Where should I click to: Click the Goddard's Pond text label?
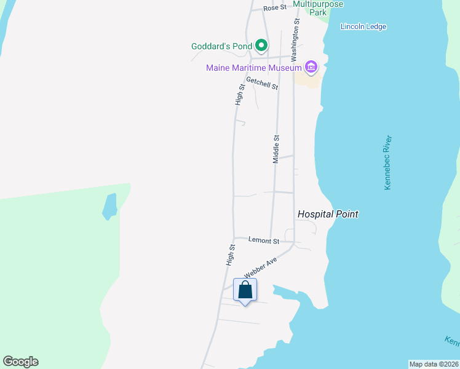coord(222,46)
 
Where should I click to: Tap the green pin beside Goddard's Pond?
coord(261,46)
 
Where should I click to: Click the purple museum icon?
coord(311,67)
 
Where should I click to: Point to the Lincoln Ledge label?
coord(363,26)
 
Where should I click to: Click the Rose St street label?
coord(275,8)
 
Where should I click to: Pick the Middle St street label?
coord(276,149)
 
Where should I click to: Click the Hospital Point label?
coord(328,214)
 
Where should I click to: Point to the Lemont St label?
coord(264,240)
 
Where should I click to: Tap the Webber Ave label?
coord(261,268)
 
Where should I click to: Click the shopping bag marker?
coord(245,290)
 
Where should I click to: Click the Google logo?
coord(20,362)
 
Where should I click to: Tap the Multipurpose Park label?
coord(318,7)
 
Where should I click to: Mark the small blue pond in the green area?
coord(109,207)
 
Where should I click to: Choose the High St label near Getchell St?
coord(240,95)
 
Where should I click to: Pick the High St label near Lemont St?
coord(231,255)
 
